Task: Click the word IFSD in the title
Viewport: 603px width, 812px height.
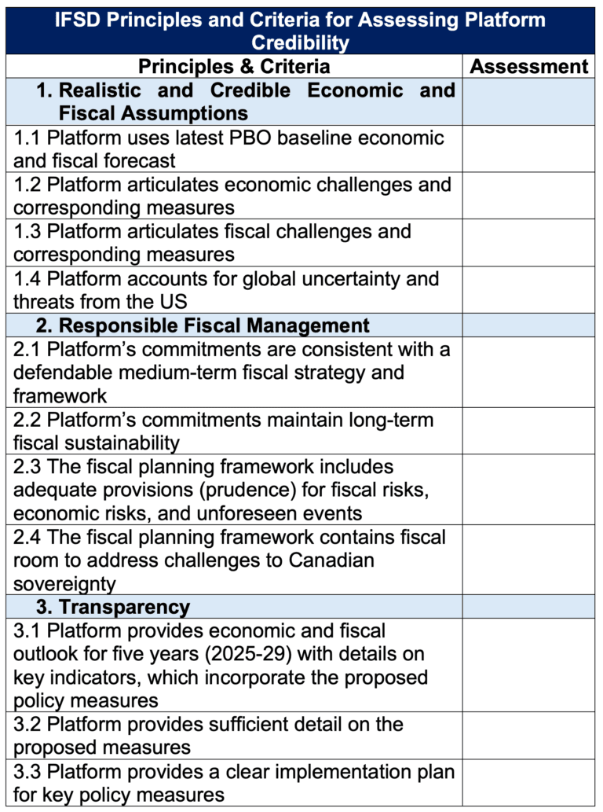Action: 82,19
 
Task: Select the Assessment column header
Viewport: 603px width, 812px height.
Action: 528,66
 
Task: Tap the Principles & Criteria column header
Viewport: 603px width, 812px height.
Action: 234,66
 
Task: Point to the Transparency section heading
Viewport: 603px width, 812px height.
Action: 124,607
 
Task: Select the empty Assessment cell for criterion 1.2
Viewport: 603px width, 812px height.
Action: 528,196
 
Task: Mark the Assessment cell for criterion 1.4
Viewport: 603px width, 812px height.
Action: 528,290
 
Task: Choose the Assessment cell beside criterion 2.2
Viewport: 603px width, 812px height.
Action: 528,431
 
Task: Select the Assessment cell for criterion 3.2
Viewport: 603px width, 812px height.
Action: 528,736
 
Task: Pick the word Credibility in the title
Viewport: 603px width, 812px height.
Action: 301,42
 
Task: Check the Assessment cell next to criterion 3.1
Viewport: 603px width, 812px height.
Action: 528,665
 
